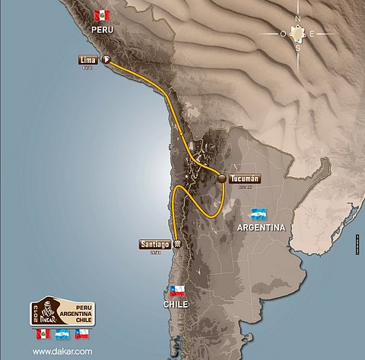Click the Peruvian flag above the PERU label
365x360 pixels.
(x=100, y=15)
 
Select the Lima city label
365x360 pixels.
(x=87, y=59)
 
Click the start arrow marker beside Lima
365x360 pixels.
(x=106, y=59)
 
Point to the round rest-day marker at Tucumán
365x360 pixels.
(x=221, y=179)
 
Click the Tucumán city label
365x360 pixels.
(x=244, y=178)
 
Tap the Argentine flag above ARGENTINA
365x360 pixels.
(x=260, y=213)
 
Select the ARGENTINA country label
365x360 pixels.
(x=261, y=228)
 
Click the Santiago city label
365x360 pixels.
(x=154, y=245)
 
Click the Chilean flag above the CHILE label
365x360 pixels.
(x=178, y=290)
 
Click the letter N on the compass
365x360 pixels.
(x=300, y=21)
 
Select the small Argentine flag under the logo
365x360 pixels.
(x=62, y=334)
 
